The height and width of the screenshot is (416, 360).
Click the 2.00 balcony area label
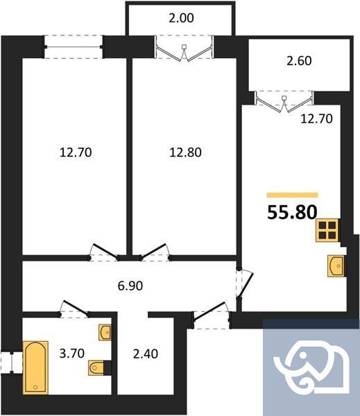181,18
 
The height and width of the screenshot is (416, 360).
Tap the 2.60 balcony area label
299,60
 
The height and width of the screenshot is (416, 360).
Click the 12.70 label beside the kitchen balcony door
316,119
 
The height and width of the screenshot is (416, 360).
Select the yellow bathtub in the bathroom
35,365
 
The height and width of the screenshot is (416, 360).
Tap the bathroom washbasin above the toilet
105,333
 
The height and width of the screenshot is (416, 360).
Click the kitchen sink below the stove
336,265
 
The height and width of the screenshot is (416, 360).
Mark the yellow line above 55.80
292,196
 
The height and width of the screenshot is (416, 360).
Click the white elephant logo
310,367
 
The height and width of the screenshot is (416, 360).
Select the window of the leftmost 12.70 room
74,47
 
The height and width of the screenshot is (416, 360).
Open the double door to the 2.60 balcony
286,101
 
